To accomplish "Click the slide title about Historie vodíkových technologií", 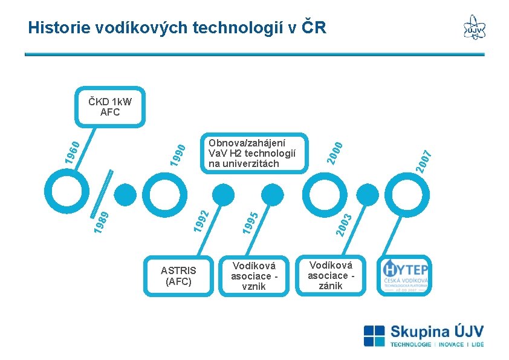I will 177,27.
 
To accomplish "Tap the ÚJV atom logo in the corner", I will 474,27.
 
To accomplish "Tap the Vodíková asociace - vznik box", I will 254,275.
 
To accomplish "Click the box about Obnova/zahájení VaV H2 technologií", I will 254,153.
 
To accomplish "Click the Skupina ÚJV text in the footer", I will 436,332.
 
